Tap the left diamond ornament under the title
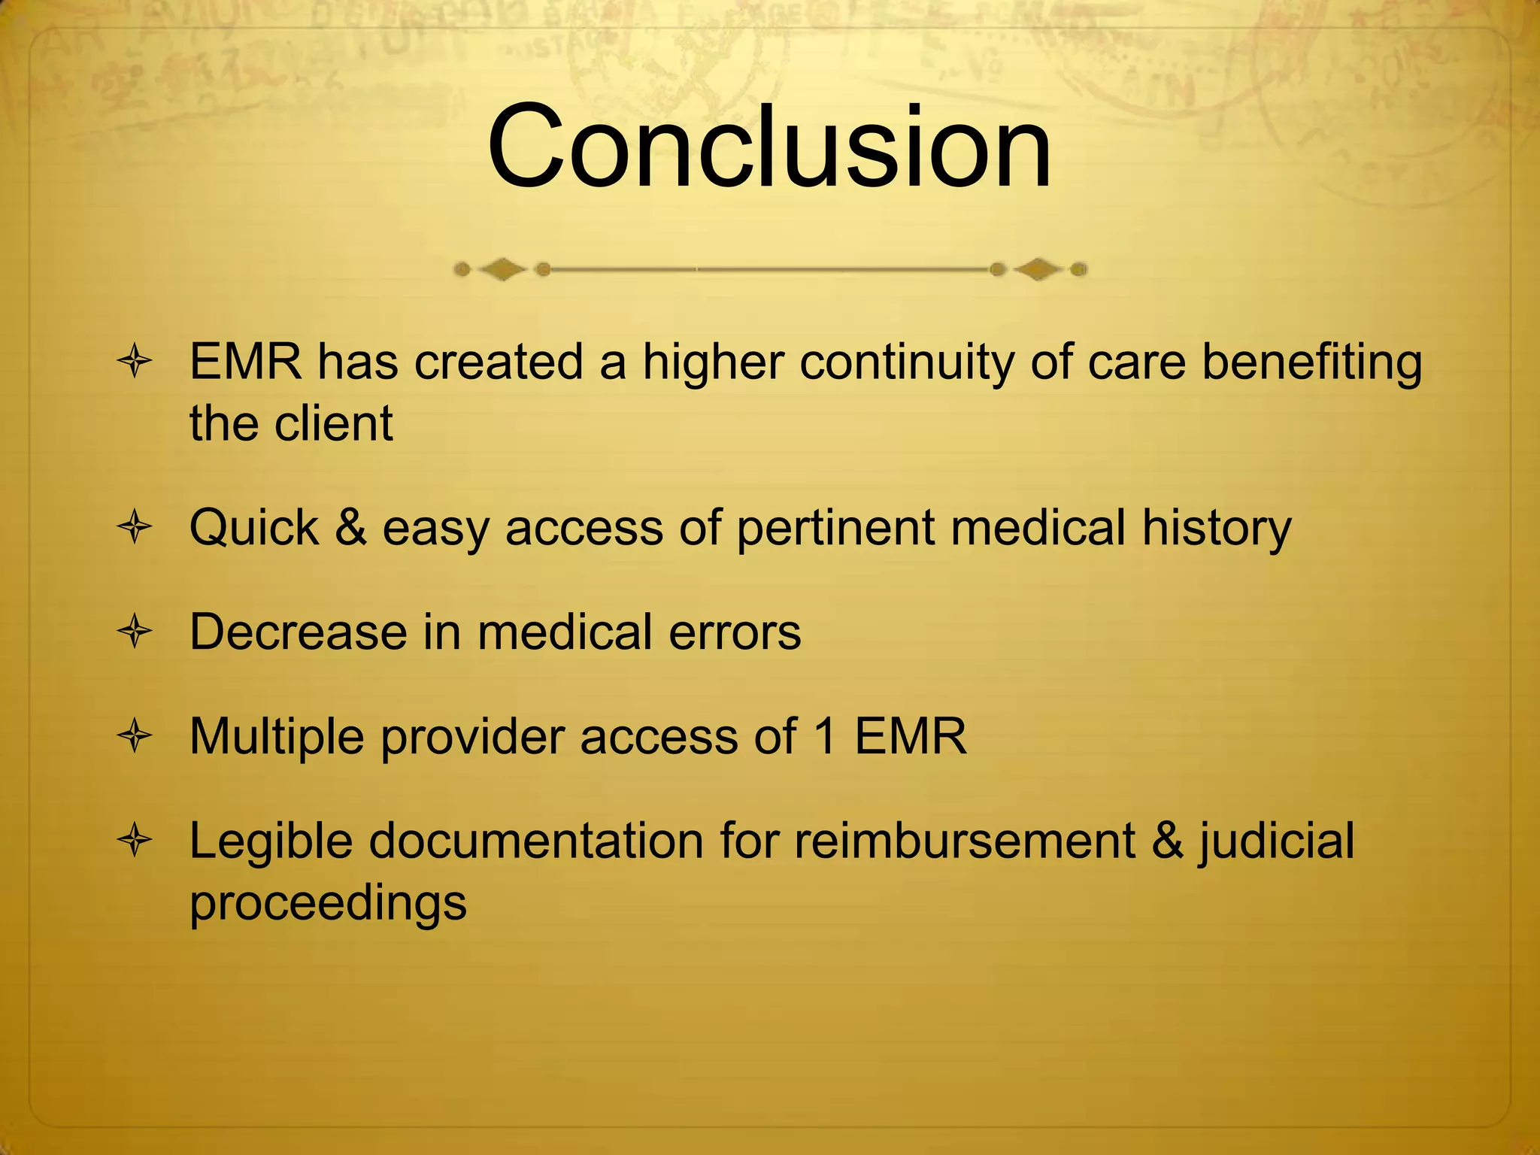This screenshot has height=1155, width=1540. click(x=502, y=269)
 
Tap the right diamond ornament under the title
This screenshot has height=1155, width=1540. click(x=1038, y=269)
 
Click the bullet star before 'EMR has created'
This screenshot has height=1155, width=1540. click(x=135, y=362)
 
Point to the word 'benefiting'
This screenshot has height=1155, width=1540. click(x=1311, y=362)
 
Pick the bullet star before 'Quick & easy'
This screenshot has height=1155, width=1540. click(x=135, y=527)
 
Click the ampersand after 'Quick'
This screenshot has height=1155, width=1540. click(x=350, y=527)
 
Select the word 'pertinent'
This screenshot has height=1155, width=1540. click(x=835, y=529)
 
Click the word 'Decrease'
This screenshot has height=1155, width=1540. click(x=298, y=632)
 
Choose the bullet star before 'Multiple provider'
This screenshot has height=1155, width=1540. click(x=135, y=736)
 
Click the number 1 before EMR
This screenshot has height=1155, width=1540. click(x=825, y=736)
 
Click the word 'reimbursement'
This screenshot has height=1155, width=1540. click(x=964, y=841)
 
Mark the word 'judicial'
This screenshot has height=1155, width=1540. click(x=1276, y=842)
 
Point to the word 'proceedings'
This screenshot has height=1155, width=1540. click(x=328, y=902)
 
